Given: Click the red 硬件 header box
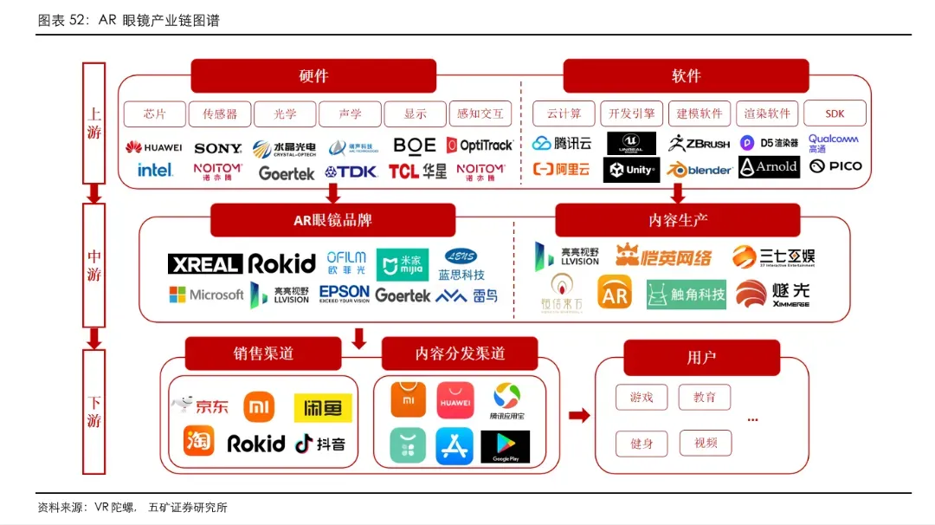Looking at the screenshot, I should [313, 76].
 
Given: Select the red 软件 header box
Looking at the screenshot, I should [686, 76].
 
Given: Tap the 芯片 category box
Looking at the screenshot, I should [155, 114].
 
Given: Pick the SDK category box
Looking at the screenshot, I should [835, 114].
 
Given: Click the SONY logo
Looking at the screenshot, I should [218, 148].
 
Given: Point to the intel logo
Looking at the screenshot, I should [155, 171].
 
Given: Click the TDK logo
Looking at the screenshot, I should [351, 172].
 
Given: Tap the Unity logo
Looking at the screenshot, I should [631, 170].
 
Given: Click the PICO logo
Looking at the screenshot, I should [835, 166].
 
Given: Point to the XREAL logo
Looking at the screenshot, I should [204, 264].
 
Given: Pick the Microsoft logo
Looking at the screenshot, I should [206, 295].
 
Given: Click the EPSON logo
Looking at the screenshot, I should [345, 293].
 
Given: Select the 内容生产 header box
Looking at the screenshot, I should [678, 220].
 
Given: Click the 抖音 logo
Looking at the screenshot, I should [320, 444].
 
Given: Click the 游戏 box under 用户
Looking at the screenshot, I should [642, 398].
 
